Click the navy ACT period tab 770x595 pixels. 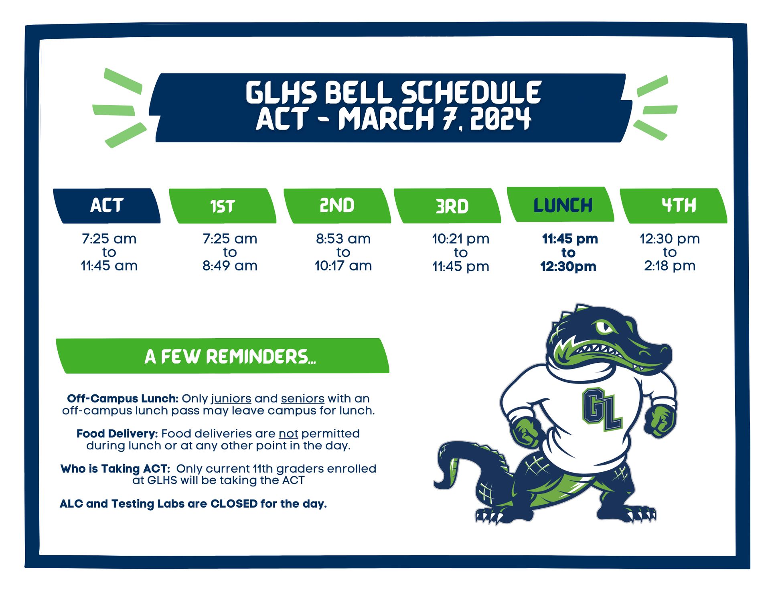107,206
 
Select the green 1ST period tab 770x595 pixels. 223,206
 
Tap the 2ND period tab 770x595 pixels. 337,206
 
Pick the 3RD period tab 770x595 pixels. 448,206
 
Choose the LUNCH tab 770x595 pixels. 561,205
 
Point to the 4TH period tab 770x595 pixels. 674,206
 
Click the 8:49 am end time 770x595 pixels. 230,266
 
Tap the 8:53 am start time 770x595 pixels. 343,239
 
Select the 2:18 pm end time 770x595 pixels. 670,266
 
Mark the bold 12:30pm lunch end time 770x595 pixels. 568,266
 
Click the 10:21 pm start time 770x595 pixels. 461,239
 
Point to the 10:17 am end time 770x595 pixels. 343,266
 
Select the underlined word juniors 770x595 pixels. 231,399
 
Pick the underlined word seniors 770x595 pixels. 303,399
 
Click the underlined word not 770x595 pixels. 288,434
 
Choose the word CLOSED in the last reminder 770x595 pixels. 234,504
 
